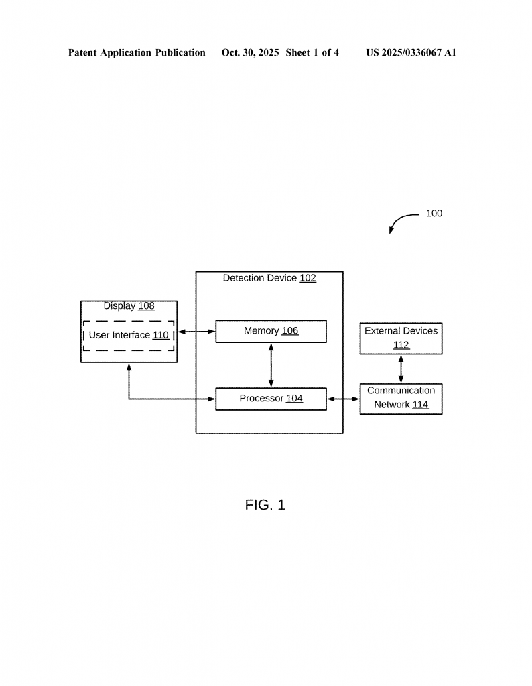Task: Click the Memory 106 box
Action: click(x=271, y=331)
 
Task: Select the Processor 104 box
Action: click(x=271, y=399)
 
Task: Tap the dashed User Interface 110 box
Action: click(x=129, y=335)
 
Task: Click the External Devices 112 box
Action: click(x=401, y=338)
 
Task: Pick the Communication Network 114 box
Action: click(x=401, y=398)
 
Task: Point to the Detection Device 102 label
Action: click(x=269, y=278)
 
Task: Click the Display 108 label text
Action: click(x=129, y=306)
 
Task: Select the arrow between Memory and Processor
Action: click(x=271, y=365)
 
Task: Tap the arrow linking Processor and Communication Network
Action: click(x=343, y=399)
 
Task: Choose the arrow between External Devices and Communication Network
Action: click(x=401, y=368)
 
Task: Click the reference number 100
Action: click(x=434, y=214)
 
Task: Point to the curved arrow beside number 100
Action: click(x=401, y=220)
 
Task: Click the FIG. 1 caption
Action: click(x=265, y=505)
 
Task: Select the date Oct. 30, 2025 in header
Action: click(x=250, y=52)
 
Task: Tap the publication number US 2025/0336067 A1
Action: click(x=411, y=52)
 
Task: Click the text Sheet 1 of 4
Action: click(x=312, y=52)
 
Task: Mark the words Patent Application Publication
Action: click(x=137, y=52)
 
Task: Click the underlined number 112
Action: click(x=401, y=345)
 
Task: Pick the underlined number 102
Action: click(x=308, y=278)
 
